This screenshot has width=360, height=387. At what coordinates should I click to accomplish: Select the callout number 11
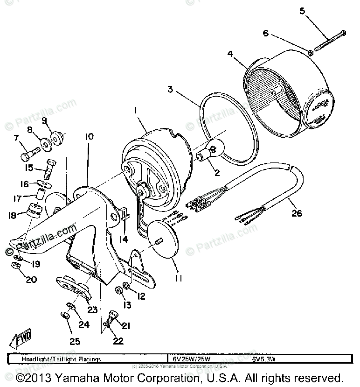coord(178,278)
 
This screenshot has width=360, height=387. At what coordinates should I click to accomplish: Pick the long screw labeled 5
coord(330,41)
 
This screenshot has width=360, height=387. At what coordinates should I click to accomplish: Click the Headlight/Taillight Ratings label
coord(61,359)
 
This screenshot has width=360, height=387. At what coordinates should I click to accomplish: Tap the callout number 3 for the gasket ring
coord(171,89)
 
